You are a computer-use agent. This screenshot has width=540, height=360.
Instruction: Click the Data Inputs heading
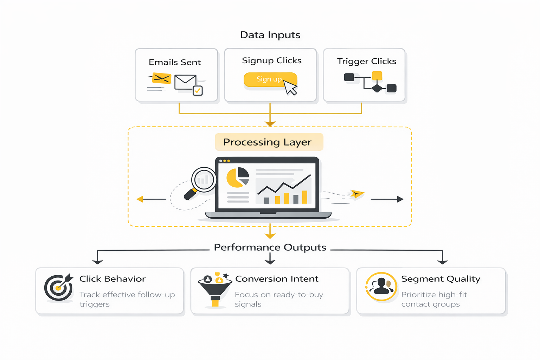click(x=270, y=35)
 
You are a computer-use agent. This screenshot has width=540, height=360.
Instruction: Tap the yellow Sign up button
click(x=269, y=79)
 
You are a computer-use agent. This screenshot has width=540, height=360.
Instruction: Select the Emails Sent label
click(x=175, y=62)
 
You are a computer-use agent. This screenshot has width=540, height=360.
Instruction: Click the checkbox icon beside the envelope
click(x=198, y=91)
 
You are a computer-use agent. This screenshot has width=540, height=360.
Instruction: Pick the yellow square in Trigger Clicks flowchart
click(x=377, y=76)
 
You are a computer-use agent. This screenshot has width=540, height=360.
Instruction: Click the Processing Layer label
click(x=268, y=142)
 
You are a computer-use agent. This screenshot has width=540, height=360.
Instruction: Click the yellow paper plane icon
click(x=357, y=194)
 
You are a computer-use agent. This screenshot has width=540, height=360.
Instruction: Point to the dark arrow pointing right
click(x=387, y=199)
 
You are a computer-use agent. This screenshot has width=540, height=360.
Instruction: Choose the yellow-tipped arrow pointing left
click(x=151, y=199)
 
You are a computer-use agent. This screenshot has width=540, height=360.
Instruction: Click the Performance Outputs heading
click(x=270, y=247)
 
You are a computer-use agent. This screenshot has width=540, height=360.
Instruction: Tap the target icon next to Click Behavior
click(x=59, y=287)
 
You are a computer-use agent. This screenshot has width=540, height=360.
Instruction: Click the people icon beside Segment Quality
click(x=381, y=287)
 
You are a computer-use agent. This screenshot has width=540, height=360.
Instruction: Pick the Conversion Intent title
click(x=277, y=279)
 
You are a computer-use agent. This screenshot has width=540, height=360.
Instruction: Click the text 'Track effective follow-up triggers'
click(x=127, y=299)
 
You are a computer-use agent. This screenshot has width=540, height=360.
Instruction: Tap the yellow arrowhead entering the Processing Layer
click(x=270, y=123)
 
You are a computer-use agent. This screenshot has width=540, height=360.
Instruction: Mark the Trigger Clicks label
click(x=367, y=61)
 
